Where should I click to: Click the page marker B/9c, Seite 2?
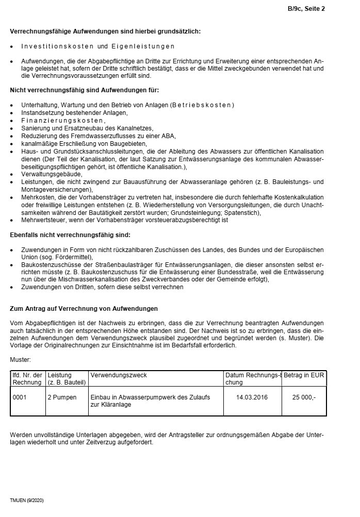[306, 8]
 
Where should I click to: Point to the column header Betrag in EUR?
[304, 375]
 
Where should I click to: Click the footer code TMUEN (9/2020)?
[27, 501]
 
